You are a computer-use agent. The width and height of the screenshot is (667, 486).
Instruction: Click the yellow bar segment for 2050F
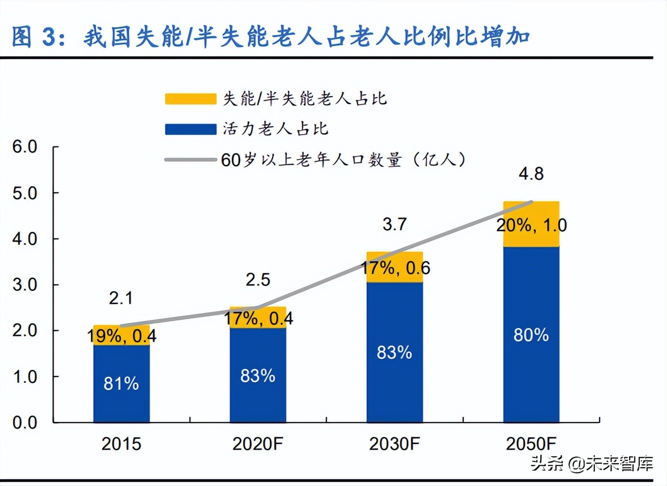click(531, 238)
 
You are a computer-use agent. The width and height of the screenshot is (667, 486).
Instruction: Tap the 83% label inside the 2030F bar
click(394, 352)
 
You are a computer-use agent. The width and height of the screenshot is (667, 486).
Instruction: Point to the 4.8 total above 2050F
click(531, 174)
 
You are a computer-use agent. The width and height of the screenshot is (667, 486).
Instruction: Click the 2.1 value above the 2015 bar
click(121, 298)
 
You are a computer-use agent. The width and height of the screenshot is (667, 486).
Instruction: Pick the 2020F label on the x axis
click(258, 444)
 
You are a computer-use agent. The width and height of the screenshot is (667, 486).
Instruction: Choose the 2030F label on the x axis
click(394, 444)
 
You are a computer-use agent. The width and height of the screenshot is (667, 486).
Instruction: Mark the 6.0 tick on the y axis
click(25, 146)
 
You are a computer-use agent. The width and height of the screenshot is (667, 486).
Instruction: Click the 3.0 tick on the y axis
click(25, 284)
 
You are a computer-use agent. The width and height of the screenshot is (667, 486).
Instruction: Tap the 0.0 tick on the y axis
click(25, 422)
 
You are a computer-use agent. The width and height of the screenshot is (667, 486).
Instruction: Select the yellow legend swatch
click(191, 99)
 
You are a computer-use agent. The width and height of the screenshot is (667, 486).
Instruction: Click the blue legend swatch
click(191, 129)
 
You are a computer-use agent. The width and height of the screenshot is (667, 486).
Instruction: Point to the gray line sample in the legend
click(191, 159)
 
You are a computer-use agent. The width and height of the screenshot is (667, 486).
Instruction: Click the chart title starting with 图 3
click(270, 37)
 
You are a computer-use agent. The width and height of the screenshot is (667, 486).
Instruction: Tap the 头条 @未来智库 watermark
click(592, 463)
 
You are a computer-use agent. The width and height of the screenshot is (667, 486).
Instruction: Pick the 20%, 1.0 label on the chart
click(531, 225)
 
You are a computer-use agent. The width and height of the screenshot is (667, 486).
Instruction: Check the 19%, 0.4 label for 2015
click(122, 336)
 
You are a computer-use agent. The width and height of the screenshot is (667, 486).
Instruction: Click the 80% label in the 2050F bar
click(531, 335)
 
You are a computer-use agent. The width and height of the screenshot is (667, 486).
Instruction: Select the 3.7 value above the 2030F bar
click(394, 224)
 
